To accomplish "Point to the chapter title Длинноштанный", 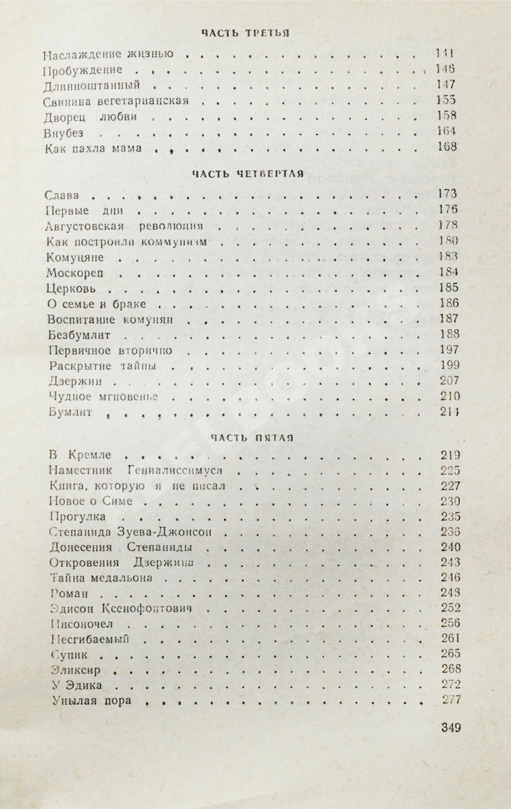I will click(91, 85).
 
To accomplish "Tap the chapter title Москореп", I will click(75, 273).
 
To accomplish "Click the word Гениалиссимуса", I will click(175, 470).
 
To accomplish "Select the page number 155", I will click(446, 100).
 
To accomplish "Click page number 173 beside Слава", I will click(448, 194).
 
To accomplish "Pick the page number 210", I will click(450, 397).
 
